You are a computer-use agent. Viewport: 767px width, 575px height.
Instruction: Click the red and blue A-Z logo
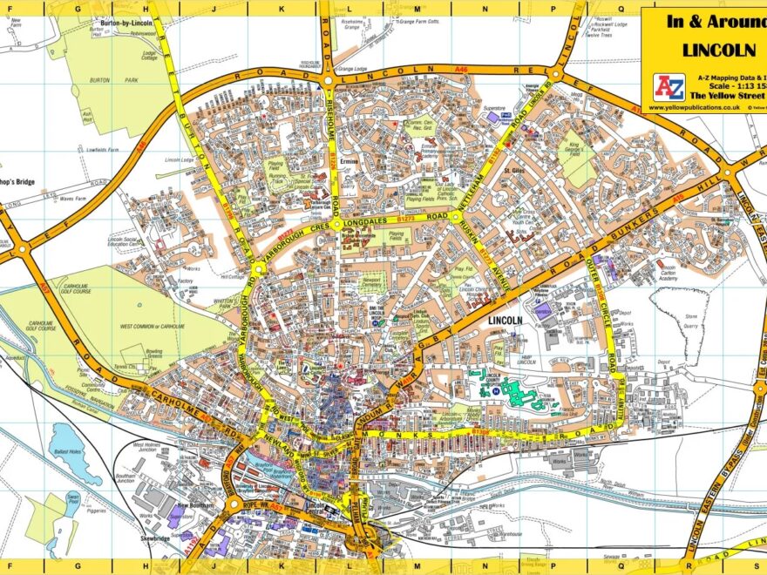coord(669,86)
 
